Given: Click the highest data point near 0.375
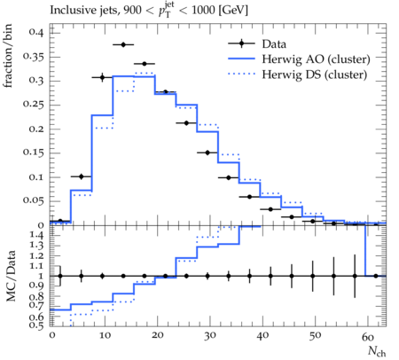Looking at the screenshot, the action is [x=123, y=44].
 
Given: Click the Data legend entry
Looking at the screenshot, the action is [x=274, y=44].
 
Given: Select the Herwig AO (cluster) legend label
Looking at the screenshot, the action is [x=316, y=59].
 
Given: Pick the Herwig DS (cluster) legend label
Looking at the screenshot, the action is [x=315, y=74].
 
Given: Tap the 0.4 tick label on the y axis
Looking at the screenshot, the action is [x=36, y=32].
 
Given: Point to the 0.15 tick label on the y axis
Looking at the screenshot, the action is [x=33, y=153].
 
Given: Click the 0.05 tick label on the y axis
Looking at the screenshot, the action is [x=33, y=200].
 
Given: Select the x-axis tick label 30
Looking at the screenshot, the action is [x=210, y=336].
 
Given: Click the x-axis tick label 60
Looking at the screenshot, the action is [x=368, y=337].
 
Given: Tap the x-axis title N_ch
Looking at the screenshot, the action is [x=377, y=351].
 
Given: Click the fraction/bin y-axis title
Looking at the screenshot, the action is [x=8, y=56].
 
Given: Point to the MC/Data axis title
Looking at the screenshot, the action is [x=11, y=276].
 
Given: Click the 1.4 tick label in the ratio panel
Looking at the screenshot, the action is [x=36, y=235].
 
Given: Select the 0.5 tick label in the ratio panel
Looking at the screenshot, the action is [x=36, y=325].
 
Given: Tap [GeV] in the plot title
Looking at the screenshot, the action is [x=233, y=10].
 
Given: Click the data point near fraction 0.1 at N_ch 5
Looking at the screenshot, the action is [x=82, y=176].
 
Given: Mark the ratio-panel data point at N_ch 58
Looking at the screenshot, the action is [x=355, y=276].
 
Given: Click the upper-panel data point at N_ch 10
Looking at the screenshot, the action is [x=102, y=77].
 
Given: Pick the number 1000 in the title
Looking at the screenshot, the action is [x=203, y=10].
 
